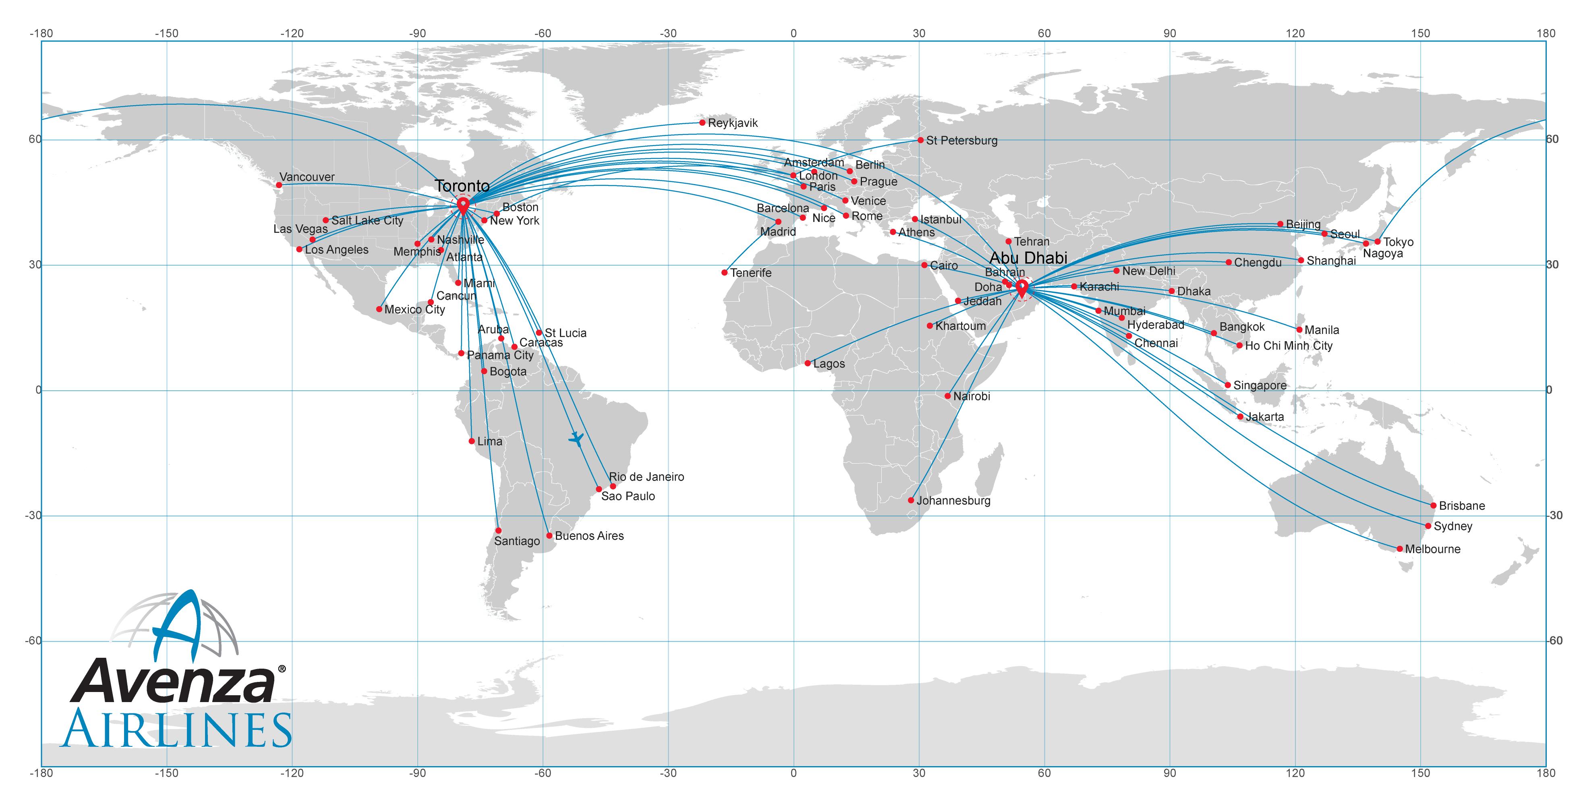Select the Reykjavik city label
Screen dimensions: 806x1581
733,123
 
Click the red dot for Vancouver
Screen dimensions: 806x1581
279,185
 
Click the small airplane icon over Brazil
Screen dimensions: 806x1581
576,439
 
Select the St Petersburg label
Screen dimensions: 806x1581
962,141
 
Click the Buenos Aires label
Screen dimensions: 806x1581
589,536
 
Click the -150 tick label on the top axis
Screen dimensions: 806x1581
166,33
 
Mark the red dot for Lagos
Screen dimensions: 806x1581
808,363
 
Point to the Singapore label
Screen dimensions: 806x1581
1260,385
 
